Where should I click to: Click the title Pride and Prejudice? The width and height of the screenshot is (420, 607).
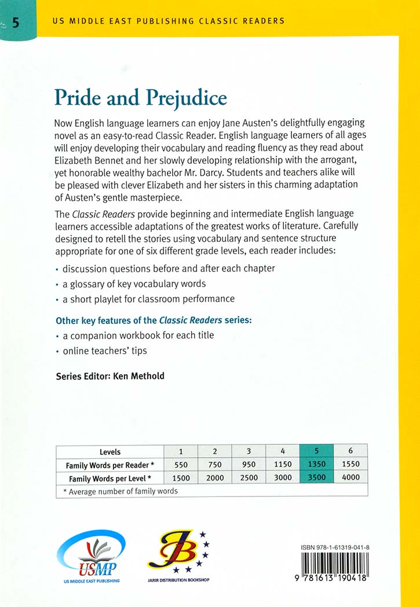(140, 98)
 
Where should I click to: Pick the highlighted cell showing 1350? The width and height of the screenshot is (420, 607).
(316, 464)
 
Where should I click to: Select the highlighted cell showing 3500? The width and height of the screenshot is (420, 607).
(316, 477)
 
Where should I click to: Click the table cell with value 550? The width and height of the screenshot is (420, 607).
(180, 464)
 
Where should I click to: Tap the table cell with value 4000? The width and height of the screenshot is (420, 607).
(350, 477)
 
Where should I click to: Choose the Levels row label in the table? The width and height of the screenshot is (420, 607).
(110, 451)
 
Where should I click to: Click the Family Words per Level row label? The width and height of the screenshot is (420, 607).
(110, 478)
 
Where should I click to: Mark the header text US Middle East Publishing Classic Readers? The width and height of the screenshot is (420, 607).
(168, 21)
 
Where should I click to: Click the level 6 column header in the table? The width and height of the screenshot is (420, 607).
(350, 451)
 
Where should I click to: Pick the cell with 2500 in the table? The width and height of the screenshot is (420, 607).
(249, 477)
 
